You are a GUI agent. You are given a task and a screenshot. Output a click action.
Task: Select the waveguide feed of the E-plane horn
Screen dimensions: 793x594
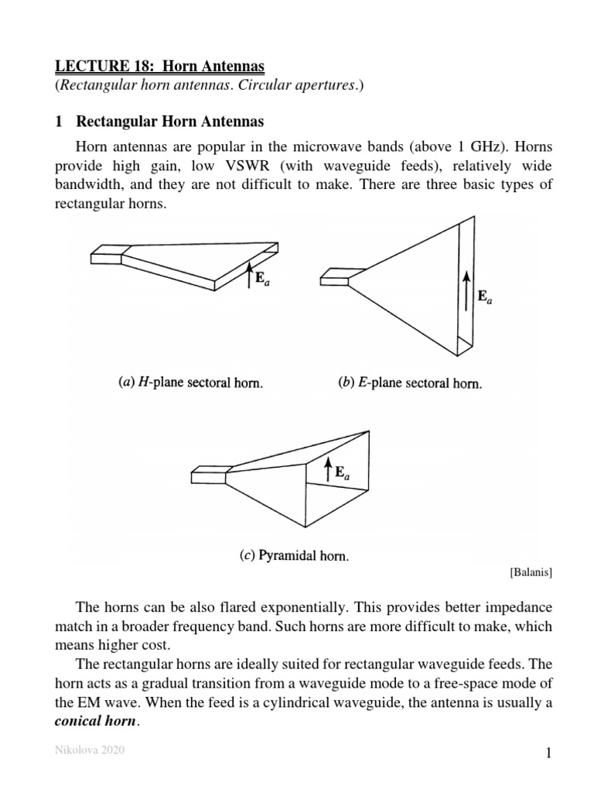(x=335, y=276)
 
